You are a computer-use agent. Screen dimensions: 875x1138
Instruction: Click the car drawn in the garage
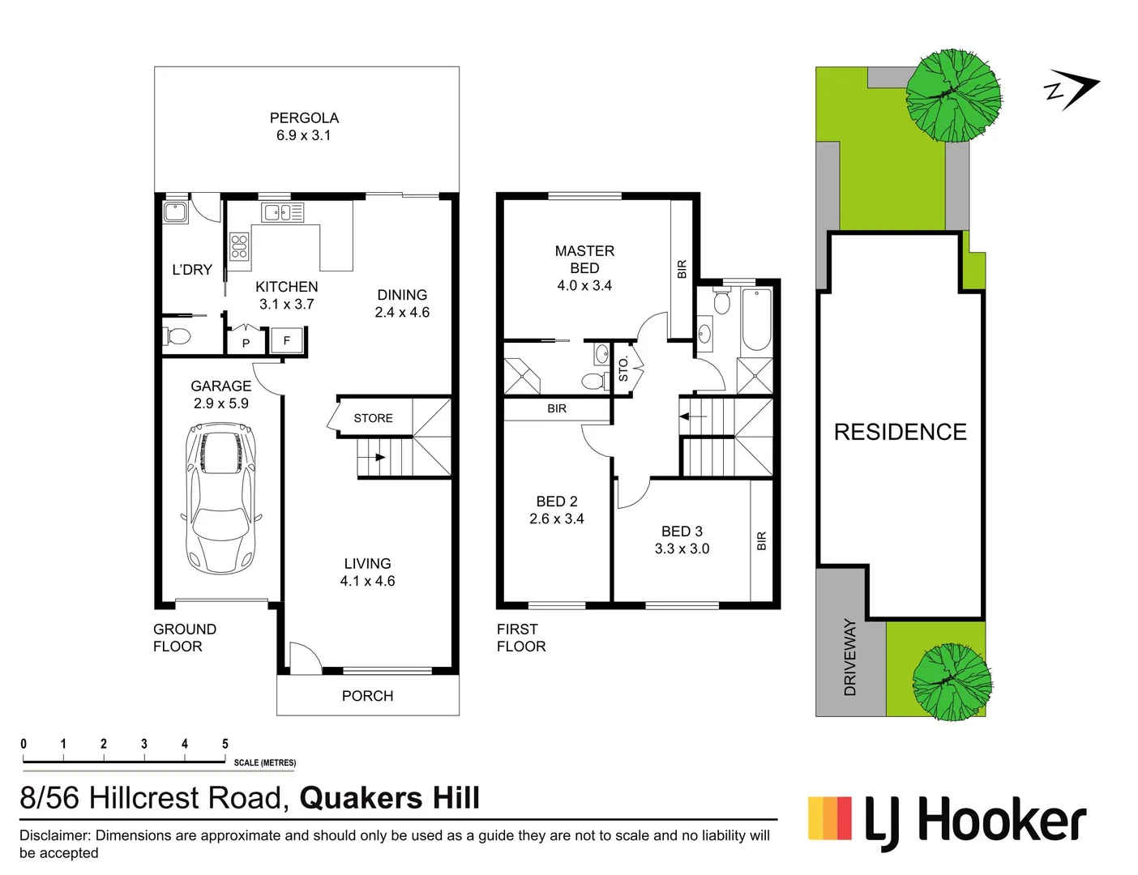221,497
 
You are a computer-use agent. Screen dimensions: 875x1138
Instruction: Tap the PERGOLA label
304,118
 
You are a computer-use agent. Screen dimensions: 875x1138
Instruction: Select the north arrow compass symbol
1072,90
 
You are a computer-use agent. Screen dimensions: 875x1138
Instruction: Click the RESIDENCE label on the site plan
900,432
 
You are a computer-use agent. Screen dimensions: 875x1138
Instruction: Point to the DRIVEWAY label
849,657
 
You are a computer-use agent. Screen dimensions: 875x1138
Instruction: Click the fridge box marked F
287,340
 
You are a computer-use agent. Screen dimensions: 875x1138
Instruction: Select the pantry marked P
246,342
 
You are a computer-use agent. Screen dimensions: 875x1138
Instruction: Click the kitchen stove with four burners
239,245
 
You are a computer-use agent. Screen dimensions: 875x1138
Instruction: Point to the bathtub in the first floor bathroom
756,319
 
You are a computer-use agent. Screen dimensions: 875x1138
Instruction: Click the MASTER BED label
584,259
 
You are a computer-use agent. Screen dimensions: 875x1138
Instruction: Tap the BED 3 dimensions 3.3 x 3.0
682,548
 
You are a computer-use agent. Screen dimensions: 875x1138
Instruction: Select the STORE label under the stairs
373,418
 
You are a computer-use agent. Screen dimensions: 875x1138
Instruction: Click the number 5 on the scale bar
225,744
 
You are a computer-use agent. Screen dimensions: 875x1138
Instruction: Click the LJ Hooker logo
947,822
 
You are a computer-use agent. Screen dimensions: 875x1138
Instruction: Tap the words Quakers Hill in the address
389,798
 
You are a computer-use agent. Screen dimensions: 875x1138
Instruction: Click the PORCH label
367,696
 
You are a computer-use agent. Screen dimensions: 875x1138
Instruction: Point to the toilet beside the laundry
178,335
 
